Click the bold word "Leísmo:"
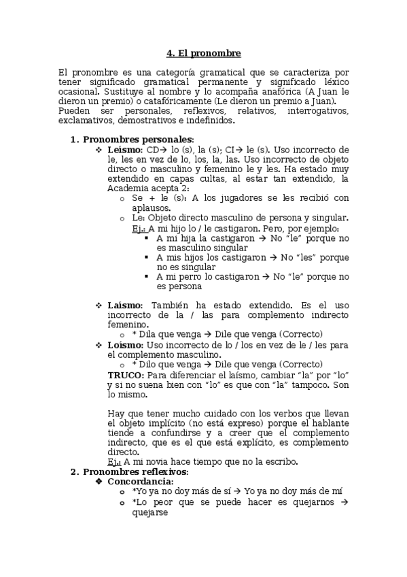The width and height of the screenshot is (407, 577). tap(125, 150)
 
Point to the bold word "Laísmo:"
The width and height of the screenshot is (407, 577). tap(125, 306)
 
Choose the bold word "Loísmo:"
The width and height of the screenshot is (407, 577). tap(125, 345)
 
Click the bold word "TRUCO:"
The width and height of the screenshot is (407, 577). tap(126, 374)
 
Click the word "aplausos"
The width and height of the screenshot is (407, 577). tap(152, 208)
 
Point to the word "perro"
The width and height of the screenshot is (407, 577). tap(185, 277)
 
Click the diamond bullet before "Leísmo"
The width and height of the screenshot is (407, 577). tap(99, 150)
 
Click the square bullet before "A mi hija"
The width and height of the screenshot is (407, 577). tap(147, 239)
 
